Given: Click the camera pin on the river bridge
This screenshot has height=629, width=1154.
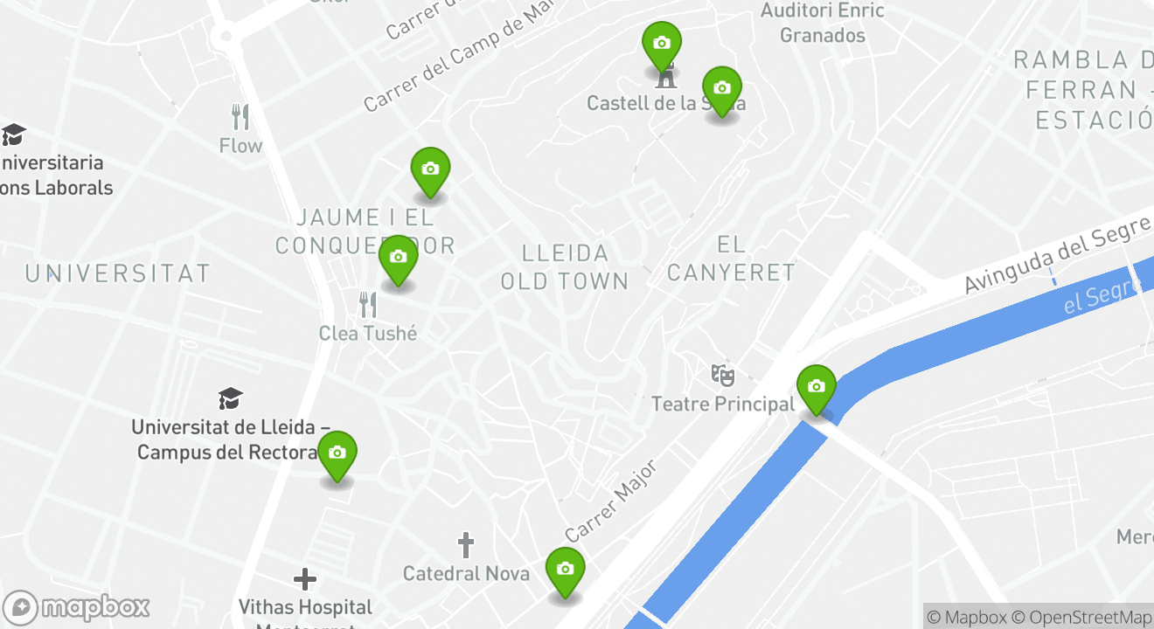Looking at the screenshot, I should (x=816, y=387).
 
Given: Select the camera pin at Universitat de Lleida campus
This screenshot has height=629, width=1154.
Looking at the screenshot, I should (x=337, y=453).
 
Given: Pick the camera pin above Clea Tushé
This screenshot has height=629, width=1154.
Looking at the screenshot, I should (x=398, y=258).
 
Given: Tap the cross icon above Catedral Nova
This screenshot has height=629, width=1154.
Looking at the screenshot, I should (x=466, y=546).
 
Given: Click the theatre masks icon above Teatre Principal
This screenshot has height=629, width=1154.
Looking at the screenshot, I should (x=722, y=376).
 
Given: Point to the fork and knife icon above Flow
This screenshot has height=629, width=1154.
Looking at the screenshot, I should (x=240, y=116).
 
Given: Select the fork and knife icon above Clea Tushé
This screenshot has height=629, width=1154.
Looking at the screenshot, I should (x=368, y=305).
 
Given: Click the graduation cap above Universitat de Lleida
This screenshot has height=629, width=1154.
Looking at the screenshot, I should (x=231, y=399).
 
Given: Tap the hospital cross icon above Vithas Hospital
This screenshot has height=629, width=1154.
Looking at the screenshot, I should (x=304, y=579).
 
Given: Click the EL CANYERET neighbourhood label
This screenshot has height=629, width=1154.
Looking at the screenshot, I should (x=731, y=258).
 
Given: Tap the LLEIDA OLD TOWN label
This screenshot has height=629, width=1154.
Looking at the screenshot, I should (x=565, y=266).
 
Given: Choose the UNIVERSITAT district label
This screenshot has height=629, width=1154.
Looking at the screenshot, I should (x=118, y=273).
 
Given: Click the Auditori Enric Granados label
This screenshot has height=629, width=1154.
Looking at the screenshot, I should (x=823, y=24).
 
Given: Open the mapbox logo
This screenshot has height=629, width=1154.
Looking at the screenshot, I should (x=77, y=607).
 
